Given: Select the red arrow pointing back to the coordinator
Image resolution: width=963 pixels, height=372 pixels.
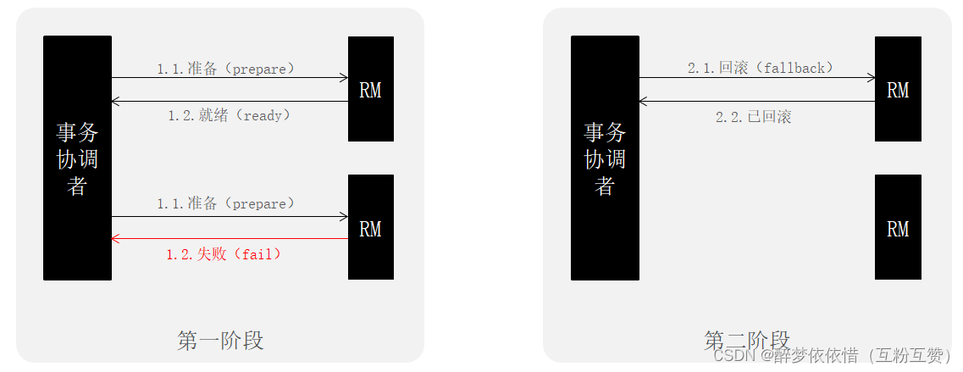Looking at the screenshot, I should click(x=230, y=239).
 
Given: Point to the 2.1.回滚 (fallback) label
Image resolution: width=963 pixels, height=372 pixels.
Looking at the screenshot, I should click(x=761, y=68).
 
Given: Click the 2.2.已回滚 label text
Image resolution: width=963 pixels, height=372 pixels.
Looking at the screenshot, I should click(x=753, y=117).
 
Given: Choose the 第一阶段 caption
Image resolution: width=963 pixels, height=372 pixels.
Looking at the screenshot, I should click(x=220, y=341).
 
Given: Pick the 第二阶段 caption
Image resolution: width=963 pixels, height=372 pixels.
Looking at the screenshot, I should click(x=746, y=340).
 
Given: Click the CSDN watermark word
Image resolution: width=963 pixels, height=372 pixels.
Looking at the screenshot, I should click(x=733, y=356).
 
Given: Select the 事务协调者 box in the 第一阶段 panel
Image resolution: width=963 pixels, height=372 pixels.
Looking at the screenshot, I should click(x=77, y=158).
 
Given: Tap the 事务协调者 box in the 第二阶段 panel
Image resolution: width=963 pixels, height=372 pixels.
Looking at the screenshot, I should click(x=605, y=158).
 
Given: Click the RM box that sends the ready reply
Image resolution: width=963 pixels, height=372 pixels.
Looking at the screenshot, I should click(x=370, y=89).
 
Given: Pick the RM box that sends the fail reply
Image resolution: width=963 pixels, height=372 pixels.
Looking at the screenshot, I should click(x=370, y=227).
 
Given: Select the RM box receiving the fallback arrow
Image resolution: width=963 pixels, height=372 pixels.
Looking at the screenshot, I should click(x=898, y=89).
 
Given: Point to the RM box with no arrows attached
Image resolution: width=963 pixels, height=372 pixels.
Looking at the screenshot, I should click(x=898, y=227).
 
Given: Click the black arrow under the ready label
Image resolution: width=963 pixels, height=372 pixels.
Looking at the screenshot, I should click(x=230, y=102).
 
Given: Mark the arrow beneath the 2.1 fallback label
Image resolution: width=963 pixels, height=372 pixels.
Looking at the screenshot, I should click(x=757, y=78).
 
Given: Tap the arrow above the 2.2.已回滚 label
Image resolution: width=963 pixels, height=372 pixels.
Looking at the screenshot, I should click(x=757, y=102).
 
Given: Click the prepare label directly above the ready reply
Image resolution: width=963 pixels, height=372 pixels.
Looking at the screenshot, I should click(x=226, y=69).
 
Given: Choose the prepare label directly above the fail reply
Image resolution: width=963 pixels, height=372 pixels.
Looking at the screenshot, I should click(x=226, y=203).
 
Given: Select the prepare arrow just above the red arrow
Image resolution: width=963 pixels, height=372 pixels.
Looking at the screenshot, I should click(x=230, y=217).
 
